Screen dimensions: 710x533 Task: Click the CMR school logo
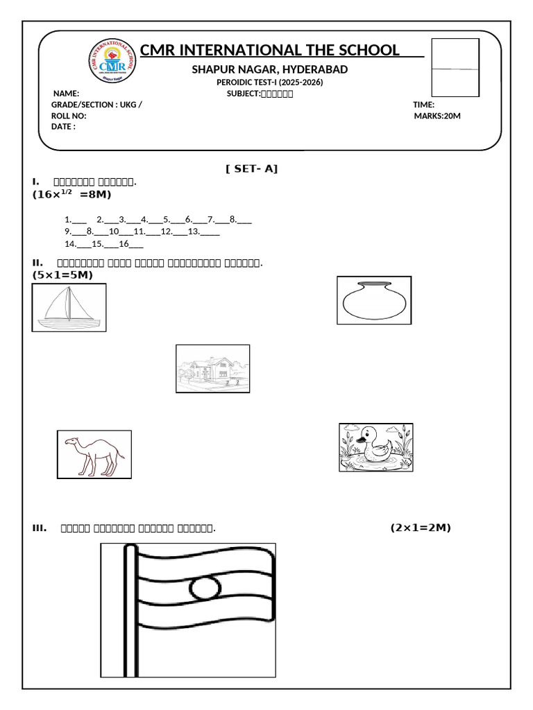click(x=113, y=60)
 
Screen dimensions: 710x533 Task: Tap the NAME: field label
click(x=67, y=94)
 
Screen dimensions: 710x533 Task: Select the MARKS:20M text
click(x=437, y=116)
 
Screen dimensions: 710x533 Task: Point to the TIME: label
click(x=423, y=105)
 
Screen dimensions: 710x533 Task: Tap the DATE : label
click(x=63, y=127)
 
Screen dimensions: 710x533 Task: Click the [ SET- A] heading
click(x=251, y=168)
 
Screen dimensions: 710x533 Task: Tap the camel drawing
click(x=94, y=454)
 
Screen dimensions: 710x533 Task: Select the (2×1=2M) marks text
click(x=420, y=528)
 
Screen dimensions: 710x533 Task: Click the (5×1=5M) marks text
click(x=62, y=275)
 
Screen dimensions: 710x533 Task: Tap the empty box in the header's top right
click(x=455, y=67)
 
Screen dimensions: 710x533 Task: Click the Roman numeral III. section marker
click(x=40, y=528)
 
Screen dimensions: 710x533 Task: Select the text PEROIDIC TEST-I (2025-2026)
click(x=270, y=82)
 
